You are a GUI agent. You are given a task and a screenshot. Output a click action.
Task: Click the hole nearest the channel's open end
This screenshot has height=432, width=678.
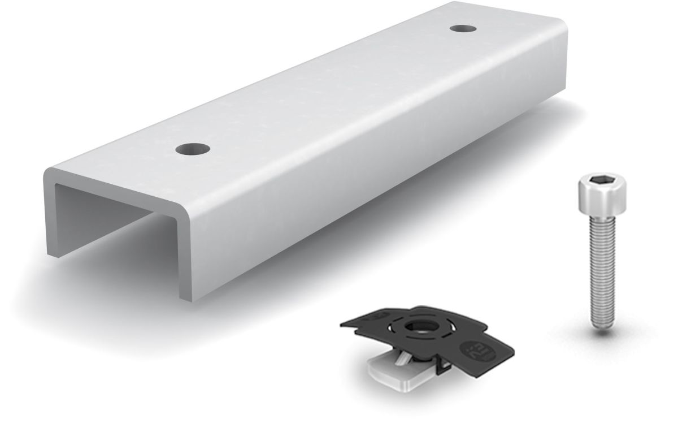click(x=193, y=149)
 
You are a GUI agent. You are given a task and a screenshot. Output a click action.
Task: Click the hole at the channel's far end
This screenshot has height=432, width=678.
click(x=462, y=28)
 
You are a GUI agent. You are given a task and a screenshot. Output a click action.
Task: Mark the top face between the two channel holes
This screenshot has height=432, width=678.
click(x=328, y=90)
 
